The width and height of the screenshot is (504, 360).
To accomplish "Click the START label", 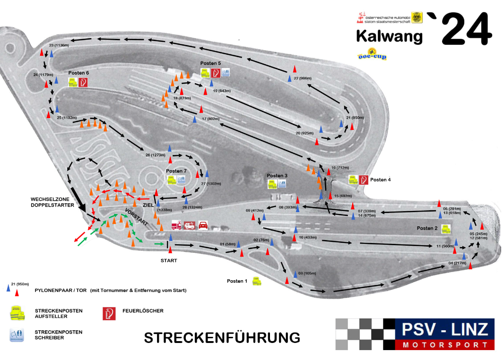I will tap(169, 260).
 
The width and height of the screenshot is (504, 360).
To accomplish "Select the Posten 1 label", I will tap(237, 281).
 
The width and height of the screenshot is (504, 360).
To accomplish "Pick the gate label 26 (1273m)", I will tap(156, 155).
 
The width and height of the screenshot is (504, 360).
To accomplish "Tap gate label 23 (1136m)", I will tap(59, 45).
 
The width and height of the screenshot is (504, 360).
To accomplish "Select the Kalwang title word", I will tap(389, 36).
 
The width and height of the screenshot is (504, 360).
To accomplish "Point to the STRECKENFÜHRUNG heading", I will tap(222, 337).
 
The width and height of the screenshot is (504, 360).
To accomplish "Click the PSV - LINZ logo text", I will tap(444, 329).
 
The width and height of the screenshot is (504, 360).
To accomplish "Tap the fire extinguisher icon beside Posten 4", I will tap(364, 180).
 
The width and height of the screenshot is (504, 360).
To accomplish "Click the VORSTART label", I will tap(136, 216).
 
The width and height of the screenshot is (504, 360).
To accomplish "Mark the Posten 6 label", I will tap(78, 73).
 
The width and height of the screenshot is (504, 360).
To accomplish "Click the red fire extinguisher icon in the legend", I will tap(109, 313).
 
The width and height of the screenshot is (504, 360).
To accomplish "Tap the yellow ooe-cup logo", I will tap(372, 54).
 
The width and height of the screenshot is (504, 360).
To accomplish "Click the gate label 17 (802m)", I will tap(210, 119).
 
